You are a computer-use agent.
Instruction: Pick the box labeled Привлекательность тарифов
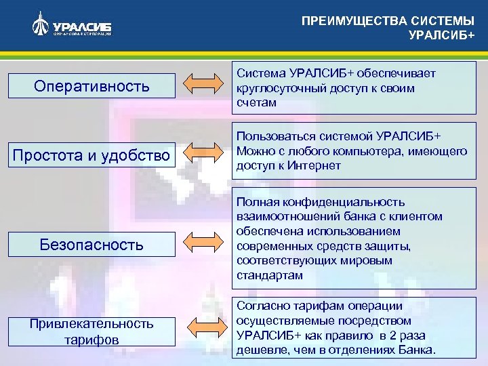point(91,331)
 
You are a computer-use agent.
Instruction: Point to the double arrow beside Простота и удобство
point(203,153)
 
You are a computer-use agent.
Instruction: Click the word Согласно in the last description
point(262,306)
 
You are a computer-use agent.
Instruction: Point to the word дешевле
point(258,350)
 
